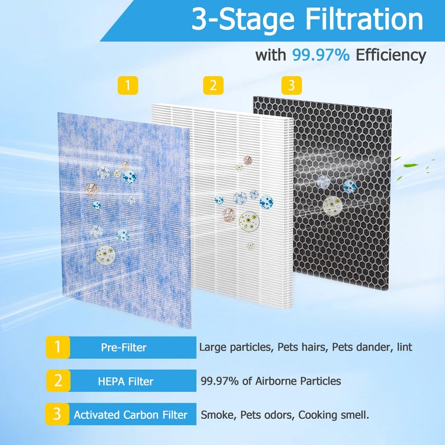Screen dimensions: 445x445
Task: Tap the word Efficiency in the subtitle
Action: tap(391, 55)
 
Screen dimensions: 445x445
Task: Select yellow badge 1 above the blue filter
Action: tap(128, 85)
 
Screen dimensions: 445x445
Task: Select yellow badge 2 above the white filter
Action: tap(212, 85)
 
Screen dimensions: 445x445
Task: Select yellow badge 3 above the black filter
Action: tap(291, 85)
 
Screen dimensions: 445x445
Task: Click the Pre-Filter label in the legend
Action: tap(123, 348)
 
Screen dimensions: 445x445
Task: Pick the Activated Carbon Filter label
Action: tap(131, 415)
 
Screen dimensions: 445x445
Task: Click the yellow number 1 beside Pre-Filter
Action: tap(57, 348)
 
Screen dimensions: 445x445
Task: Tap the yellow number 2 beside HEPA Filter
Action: tap(57, 382)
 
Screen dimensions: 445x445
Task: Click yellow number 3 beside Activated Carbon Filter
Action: tap(57, 415)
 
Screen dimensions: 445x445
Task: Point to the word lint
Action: tap(405, 348)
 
